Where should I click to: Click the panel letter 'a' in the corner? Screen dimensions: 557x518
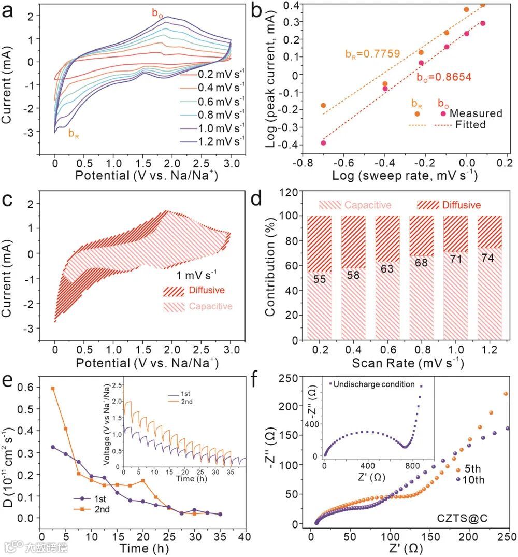click(9, 11)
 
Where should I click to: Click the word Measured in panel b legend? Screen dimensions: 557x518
click(476, 113)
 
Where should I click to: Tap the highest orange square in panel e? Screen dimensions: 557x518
click(53, 389)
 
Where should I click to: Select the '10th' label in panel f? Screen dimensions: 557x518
click(474, 480)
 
